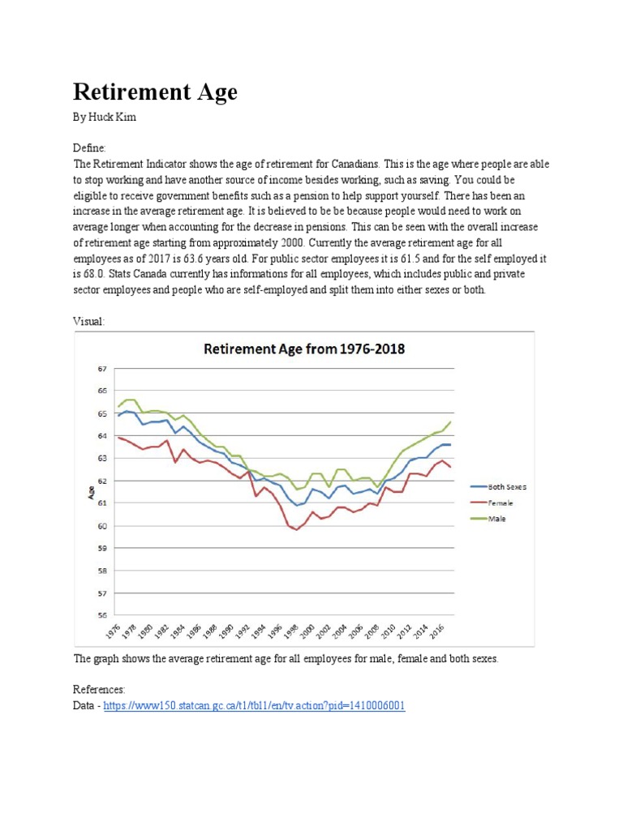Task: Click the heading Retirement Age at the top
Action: pyautogui.click(x=155, y=92)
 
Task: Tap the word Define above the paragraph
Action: pyautogui.click(x=89, y=148)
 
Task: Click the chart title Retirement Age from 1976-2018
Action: pyautogui.click(x=304, y=350)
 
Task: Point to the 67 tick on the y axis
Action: pyautogui.click(x=102, y=369)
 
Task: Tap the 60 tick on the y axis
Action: pyautogui.click(x=102, y=526)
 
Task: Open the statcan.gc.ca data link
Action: pyautogui.click(x=254, y=706)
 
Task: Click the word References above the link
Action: pyautogui.click(x=99, y=689)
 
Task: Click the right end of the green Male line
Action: pyautogui.click(x=450, y=421)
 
